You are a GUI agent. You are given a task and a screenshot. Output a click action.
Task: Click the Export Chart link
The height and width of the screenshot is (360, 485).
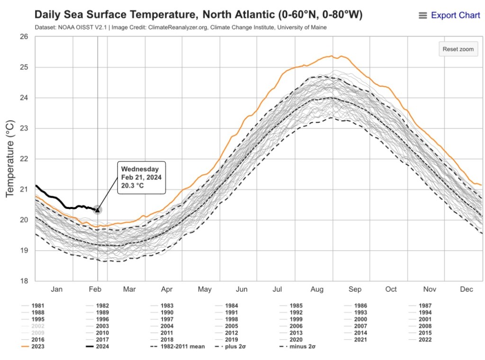point(455,15)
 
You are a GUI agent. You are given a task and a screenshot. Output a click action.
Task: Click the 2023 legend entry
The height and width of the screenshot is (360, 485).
point(37,347)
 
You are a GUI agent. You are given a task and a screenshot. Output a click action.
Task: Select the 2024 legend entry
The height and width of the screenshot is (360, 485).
point(102,347)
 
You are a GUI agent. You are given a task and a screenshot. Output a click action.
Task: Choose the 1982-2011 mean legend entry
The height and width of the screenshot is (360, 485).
point(183,347)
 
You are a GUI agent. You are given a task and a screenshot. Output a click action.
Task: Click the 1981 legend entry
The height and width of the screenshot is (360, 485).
point(37,306)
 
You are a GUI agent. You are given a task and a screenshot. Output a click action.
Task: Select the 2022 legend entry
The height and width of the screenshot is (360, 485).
point(425,340)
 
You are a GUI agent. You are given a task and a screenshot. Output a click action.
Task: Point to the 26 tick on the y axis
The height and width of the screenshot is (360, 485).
point(24,37)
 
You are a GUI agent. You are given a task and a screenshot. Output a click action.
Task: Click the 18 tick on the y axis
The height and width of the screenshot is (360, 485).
point(24,281)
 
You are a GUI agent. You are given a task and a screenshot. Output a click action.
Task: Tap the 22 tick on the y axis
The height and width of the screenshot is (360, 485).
point(24,159)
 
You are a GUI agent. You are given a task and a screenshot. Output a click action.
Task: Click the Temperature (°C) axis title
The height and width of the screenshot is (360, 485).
point(10,159)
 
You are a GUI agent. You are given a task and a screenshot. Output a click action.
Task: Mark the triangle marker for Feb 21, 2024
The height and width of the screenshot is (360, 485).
point(98,210)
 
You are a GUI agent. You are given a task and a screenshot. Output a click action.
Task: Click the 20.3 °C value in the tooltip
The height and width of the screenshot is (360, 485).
point(133,185)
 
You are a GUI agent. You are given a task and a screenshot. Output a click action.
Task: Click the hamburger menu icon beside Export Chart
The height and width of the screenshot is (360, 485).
point(423,16)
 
